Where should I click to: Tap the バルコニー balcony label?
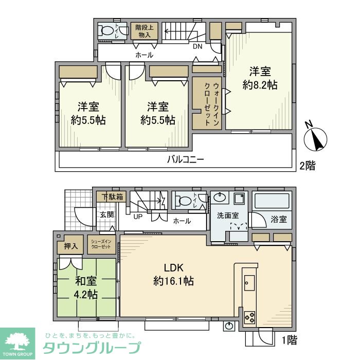(186, 160)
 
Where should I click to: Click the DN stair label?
(197, 46)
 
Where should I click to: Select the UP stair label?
(138, 217)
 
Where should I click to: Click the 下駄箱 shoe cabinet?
(112, 196)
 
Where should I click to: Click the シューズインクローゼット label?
(101, 244)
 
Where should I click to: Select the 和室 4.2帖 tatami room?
(85, 288)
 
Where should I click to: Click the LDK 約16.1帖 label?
(174, 275)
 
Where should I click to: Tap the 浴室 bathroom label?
(279, 220)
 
